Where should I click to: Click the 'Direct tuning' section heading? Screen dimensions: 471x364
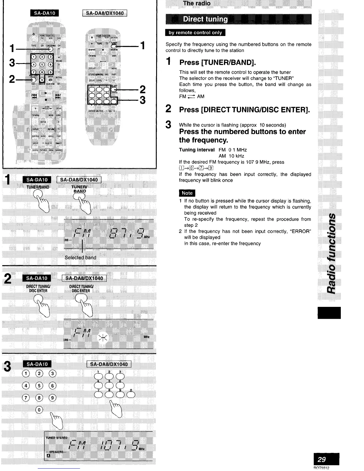(205, 19)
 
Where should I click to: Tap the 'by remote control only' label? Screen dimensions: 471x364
(195, 33)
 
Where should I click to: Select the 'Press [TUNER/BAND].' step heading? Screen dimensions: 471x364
(217, 62)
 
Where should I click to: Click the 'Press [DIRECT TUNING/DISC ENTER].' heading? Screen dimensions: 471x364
(244, 110)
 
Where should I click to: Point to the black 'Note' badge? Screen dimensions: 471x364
(187, 193)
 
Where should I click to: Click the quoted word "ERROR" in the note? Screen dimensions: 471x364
(301, 231)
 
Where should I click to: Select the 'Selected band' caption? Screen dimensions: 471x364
(80, 258)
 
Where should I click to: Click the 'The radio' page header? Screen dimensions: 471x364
(197, 4)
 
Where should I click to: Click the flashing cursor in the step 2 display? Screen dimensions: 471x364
(103, 337)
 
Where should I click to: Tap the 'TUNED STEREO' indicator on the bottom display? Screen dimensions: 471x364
(56, 437)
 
